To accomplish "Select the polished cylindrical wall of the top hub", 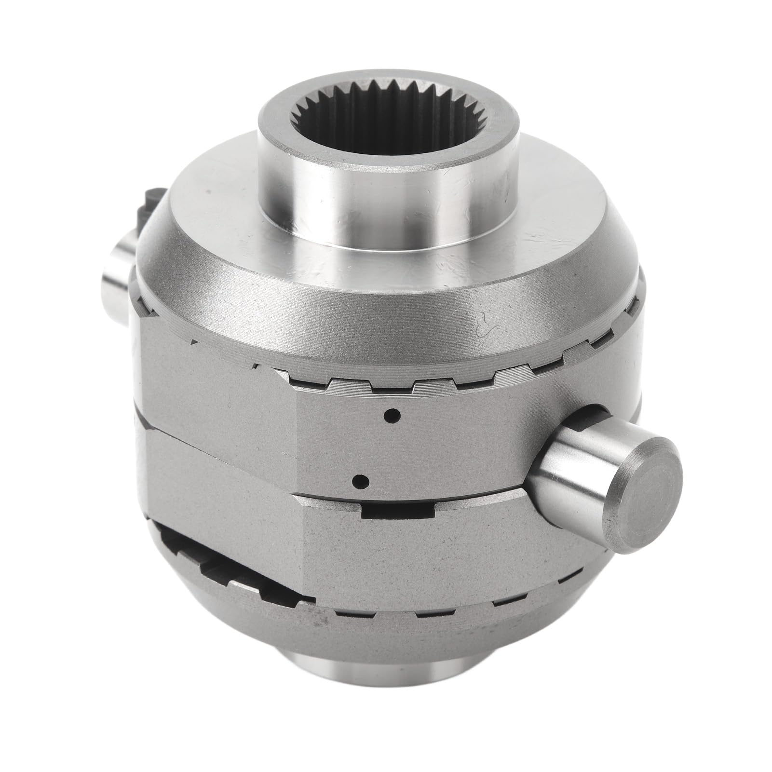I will pyautogui.click(x=386, y=203).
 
